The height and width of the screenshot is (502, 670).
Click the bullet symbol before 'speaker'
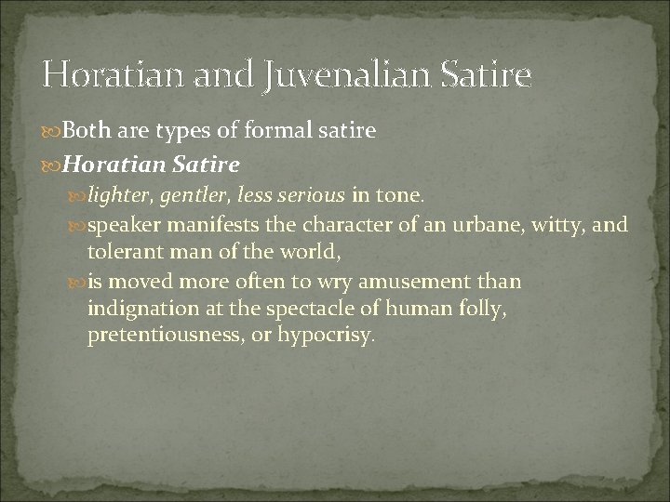coord(77,225)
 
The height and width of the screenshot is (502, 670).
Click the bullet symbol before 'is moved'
coord(77,281)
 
